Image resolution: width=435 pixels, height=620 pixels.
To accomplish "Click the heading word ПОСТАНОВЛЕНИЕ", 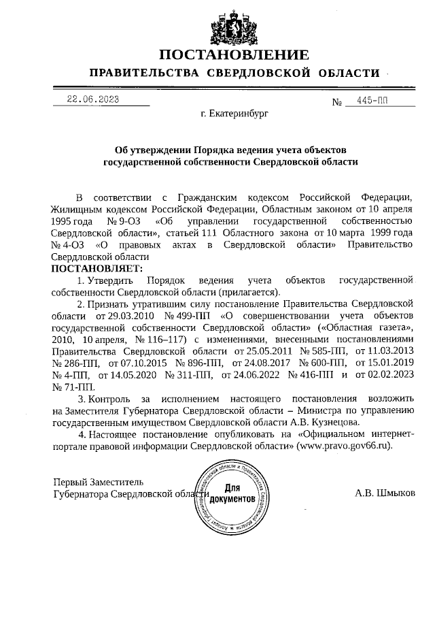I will point(234,55).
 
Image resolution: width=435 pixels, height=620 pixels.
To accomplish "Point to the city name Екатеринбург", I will point(234,114).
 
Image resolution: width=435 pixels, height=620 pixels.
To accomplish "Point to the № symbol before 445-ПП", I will point(336,103).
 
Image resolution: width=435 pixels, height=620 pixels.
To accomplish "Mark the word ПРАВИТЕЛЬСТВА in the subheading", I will point(144,73).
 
